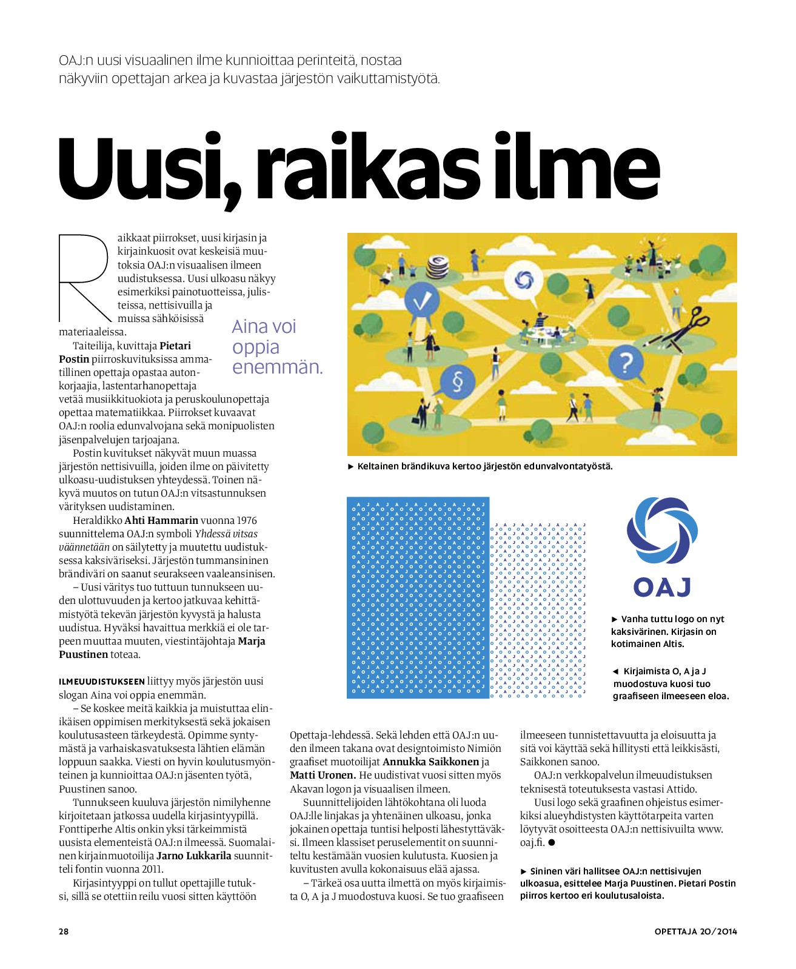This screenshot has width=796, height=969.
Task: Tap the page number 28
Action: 64,931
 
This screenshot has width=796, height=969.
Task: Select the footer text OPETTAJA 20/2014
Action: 695,931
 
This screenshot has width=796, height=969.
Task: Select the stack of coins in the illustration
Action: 438,266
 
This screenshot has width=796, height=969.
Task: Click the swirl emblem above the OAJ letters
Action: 661,531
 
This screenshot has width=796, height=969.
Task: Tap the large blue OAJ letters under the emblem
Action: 662,587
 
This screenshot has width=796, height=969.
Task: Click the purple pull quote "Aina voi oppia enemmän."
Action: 277,347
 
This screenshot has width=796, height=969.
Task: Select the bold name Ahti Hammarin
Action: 161,520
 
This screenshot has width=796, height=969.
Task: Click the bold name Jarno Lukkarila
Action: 194,856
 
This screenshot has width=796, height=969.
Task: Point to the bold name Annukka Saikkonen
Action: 430,762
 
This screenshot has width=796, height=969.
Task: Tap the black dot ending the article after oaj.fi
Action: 552,842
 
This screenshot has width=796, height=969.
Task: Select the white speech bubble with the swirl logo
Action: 523,280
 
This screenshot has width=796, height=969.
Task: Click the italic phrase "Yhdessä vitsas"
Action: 226,534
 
